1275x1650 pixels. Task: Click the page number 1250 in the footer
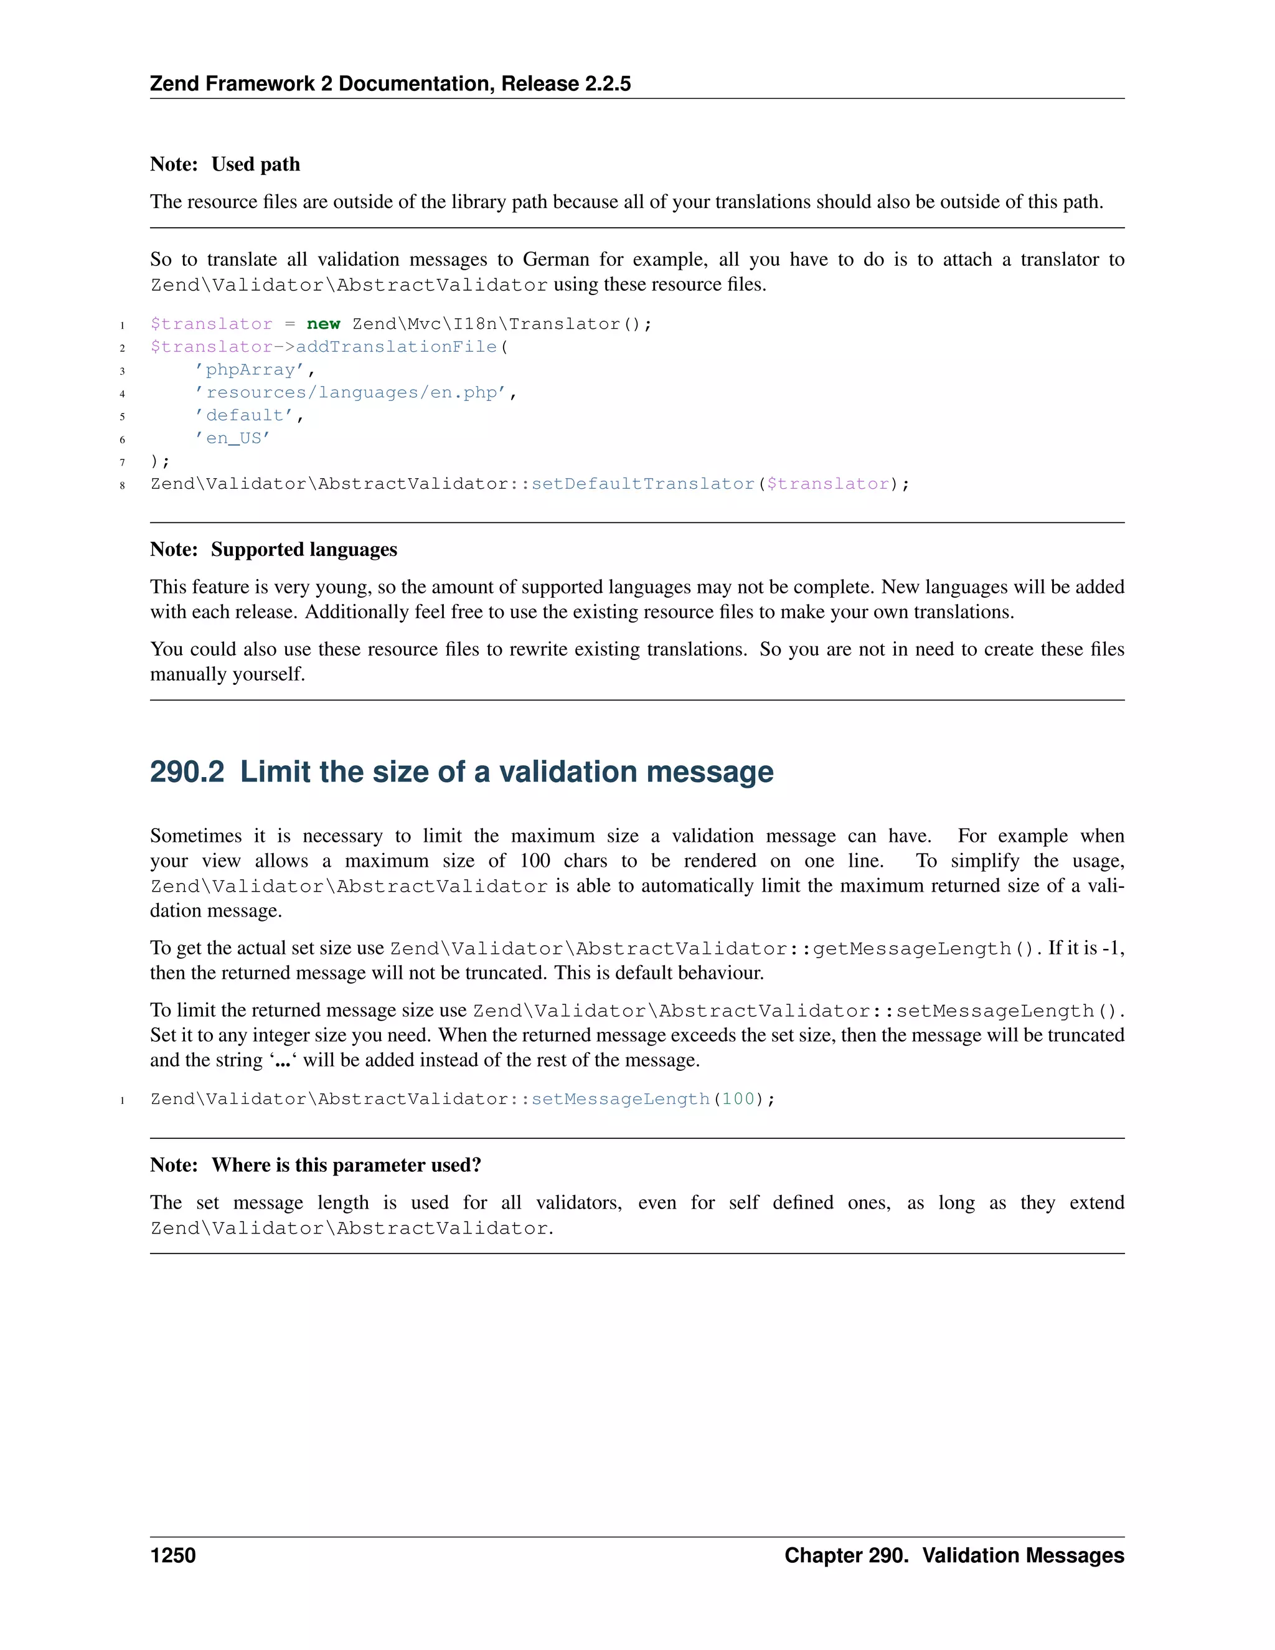[173, 1555]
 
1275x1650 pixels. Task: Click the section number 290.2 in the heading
[187, 772]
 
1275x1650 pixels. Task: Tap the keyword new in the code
[323, 324]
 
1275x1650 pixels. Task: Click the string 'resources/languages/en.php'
[351, 393]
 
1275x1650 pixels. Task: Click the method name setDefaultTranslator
[642, 484]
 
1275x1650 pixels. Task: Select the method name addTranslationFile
[396, 347]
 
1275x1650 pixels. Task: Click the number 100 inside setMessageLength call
[738, 1099]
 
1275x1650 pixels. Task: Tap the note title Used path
[255, 165]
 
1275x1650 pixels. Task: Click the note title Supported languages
[304, 550]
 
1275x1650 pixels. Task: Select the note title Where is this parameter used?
[346, 1166]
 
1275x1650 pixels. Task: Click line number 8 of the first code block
[123, 485]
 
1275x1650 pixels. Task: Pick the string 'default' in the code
[244, 415]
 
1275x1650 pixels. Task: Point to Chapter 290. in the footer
[846, 1555]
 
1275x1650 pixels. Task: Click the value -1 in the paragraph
[1111, 948]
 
